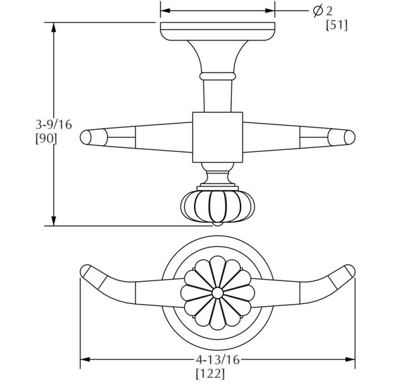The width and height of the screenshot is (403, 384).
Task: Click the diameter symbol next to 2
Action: [x=318, y=11]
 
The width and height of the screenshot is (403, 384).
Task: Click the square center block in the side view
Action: [x=217, y=137]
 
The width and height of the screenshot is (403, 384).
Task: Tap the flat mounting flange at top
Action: [x=217, y=31]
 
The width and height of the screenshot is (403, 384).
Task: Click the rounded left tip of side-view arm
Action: [x=85, y=138]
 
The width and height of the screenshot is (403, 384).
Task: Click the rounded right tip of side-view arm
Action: [x=349, y=138]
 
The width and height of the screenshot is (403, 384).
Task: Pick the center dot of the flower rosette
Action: [x=217, y=293]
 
